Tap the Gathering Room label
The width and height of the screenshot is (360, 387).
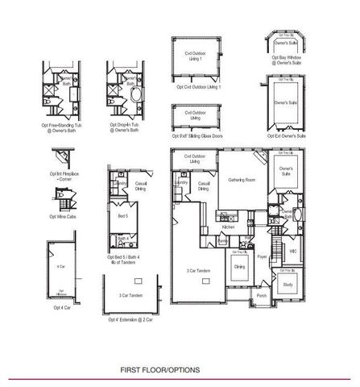pos(241,180)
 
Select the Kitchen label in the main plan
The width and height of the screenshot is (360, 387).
pos(227,227)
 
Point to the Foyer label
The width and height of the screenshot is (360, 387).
pos(262,258)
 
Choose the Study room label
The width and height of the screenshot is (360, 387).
pos(288,285)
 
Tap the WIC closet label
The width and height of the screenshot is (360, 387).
pos(293,251)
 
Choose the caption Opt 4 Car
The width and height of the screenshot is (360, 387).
pos(60,307)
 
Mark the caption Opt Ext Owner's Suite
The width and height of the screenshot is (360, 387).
pos(288,136)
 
